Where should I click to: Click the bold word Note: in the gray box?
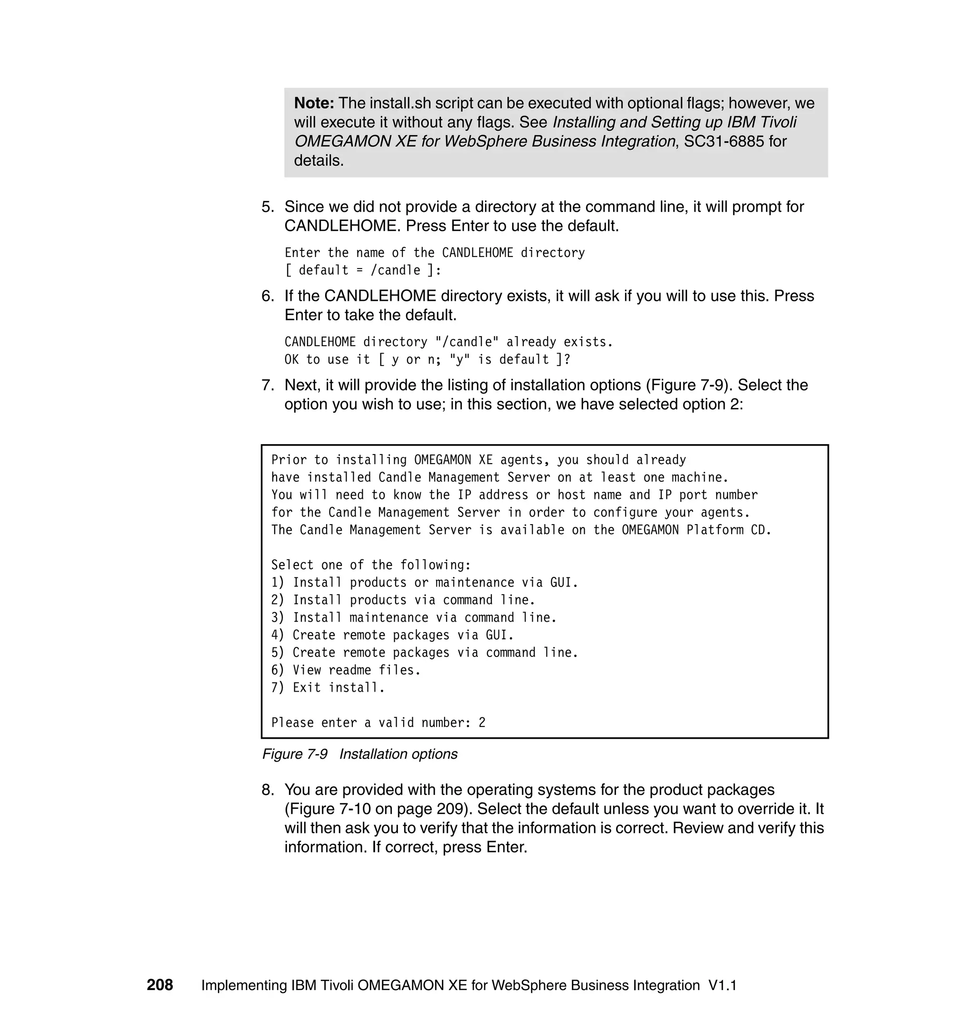(314, 103)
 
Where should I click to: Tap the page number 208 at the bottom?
(159, 985)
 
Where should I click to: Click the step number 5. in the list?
(268, 207)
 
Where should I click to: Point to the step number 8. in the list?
(268, 789)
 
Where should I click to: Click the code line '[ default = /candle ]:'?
(363, 270)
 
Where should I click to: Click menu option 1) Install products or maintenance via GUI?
(424, 583)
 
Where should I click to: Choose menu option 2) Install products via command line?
(403, 600)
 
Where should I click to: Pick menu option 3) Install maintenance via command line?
(414, 617)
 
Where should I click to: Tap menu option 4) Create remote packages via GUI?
(392, 635)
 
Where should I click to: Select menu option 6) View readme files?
(346, 670)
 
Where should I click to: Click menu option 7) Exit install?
(328, 687)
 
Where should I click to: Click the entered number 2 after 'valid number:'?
(482, 723)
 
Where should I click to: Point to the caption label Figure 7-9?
(295, 754)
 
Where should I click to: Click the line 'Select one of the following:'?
(370, 565)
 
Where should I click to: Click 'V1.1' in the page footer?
(722, 985)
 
